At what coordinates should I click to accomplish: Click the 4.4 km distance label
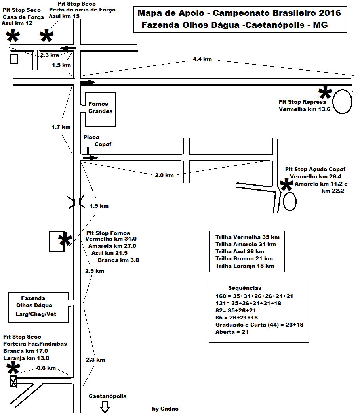tap(202, 59)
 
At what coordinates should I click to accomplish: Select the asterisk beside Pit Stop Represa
tap(325, 92)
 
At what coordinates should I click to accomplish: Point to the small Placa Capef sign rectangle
tap(88, 144)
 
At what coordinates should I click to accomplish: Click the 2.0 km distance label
tap(164, 175)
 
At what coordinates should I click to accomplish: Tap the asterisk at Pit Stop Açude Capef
tap(286, 184)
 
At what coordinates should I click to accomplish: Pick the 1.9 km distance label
tap(99, 206)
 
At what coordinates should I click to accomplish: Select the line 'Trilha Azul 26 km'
tap(240, 251)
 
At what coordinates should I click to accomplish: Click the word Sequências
tap(244, 288)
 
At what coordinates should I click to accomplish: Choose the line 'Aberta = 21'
tap(232, 332)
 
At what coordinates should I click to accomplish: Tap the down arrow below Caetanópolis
tap(105, 407)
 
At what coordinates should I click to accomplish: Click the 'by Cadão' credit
tap(165, 409)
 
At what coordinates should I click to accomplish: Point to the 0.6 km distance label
tap(46, 368)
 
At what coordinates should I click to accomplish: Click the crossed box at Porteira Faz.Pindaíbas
tap(13, 381)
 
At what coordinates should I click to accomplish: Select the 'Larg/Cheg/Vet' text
tap(36, 314)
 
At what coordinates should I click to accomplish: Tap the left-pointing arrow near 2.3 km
tap(68, 48)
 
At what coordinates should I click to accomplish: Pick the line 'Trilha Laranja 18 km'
tap(244, 266)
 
